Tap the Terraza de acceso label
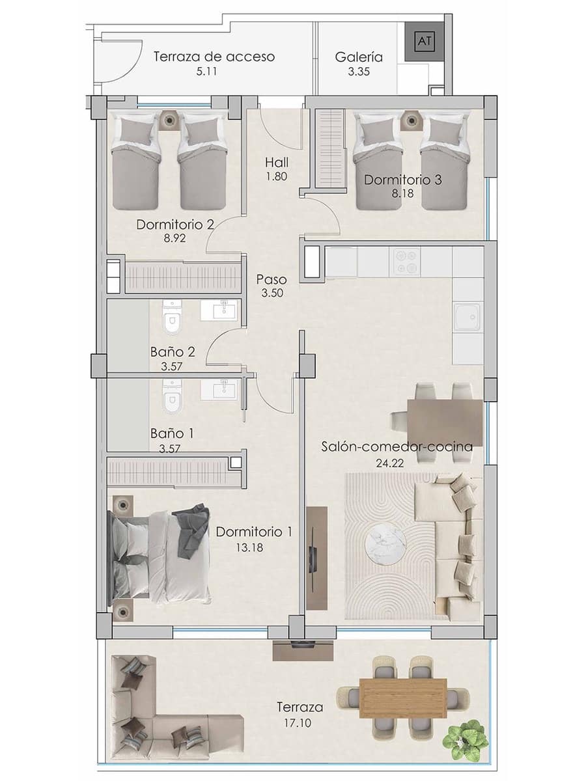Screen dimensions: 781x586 click(x=214, y=57)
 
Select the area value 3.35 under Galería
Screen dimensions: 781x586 click(x=358, y=72)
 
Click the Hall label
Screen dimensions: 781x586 click(x=277, y=162)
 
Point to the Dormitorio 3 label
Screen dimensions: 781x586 click(x=402, y=180)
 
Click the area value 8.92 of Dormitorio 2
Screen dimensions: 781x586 click(x=175, y=239)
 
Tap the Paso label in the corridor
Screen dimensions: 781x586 click(x=272, y=279)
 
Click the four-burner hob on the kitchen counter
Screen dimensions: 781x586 click(x=405, y=262)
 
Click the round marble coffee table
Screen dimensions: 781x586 click(x=384, y=543)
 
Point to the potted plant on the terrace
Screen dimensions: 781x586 click(x=465, y=738)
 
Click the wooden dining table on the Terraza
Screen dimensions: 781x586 click(x=403, y=698)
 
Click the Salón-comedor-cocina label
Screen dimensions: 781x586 click(x=397, y=446)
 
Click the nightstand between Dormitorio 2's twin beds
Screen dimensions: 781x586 click(x=170, y=120)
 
